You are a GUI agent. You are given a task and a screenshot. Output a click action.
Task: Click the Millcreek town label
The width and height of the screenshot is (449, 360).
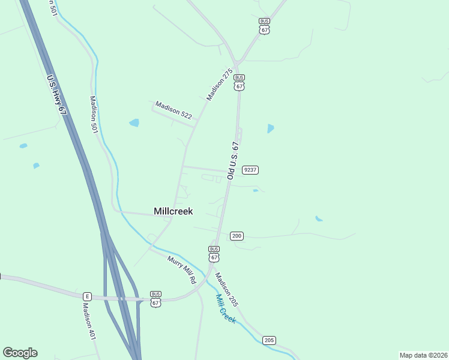coord(173,211)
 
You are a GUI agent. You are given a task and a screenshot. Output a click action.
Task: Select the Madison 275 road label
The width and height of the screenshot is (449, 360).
coord(219,85)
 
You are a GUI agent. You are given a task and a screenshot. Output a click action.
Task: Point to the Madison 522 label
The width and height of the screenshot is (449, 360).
coord(173,110)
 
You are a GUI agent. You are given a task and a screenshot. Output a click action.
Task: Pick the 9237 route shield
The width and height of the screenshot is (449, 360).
coord(250,170)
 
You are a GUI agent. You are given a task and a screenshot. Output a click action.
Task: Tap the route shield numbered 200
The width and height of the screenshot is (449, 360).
coord(237,236)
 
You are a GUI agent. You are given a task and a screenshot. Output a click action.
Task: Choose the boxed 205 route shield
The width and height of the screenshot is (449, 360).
coord(269,340)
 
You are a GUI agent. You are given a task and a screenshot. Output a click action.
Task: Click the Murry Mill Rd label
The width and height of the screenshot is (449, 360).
coord(182,270)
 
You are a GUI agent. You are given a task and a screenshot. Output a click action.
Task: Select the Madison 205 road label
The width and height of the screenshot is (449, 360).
coord(227,290)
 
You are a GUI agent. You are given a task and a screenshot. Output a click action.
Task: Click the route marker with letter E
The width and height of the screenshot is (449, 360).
coord(87,296)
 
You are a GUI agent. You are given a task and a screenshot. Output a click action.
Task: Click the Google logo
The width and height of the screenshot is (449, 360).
coord(20,353)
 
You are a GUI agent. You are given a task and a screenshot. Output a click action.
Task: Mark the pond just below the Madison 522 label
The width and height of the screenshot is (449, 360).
coord(134,123)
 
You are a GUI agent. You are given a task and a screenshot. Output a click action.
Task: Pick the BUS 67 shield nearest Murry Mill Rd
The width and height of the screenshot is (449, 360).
coord(214,253)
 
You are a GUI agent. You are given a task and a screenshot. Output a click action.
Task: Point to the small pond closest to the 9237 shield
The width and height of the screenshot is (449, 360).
coord(256,191)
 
